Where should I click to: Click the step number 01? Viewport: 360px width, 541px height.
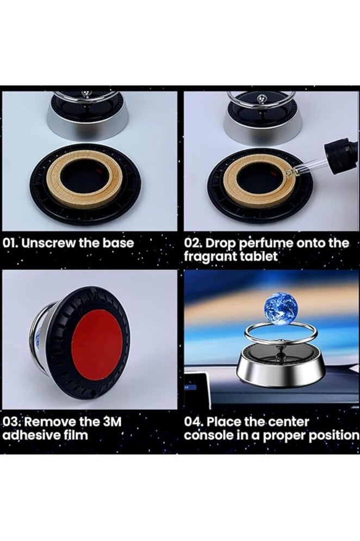click(x=12, y=243)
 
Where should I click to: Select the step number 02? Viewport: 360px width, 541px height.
click(x=194, y=243)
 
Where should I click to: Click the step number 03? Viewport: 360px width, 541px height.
click(x=11, y=421)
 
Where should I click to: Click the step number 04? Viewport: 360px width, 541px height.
click(x=194, y=422)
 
